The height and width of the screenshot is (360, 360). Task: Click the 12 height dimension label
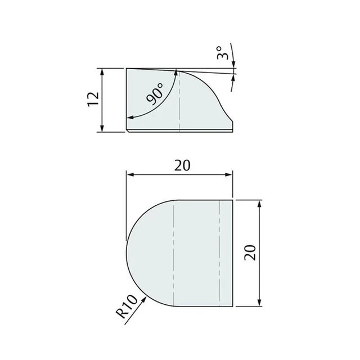[94, 100]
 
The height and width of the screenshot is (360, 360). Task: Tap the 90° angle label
[155, 93]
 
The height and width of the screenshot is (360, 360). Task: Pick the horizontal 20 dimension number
[181, 165]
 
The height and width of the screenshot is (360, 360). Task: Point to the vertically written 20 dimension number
[251, 252]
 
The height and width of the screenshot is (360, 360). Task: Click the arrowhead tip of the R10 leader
[147, 298]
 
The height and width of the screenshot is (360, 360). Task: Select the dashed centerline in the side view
[179, 101]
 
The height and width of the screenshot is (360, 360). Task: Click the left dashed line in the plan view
[175, 253]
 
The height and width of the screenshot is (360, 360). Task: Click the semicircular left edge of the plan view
[128, 253]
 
